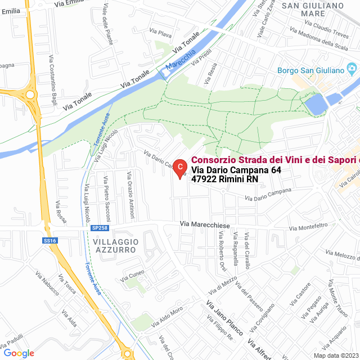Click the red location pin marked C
179,167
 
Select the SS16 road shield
49,241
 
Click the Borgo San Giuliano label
318,70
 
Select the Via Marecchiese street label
205,224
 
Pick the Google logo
19,353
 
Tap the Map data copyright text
336,355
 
